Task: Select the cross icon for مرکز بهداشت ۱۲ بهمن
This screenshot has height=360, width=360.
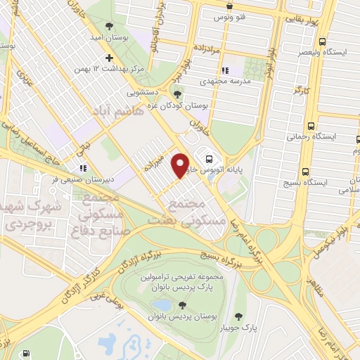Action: pos(108,58)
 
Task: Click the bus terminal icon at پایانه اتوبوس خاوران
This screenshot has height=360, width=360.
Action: pos(208,157)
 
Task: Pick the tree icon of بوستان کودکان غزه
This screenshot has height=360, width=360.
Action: pos(177,94)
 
